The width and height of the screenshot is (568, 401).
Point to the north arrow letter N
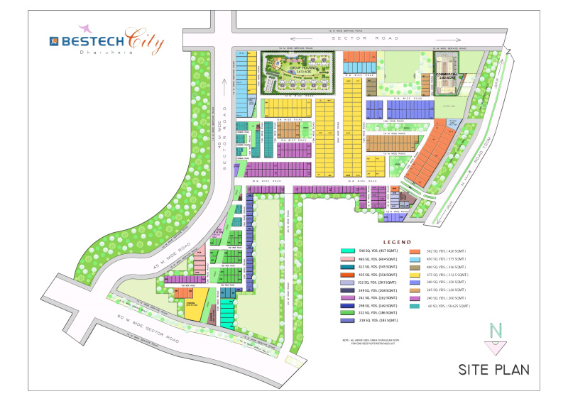click(495, 330)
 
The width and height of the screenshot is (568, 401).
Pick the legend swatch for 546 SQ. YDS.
click(348, 251)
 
